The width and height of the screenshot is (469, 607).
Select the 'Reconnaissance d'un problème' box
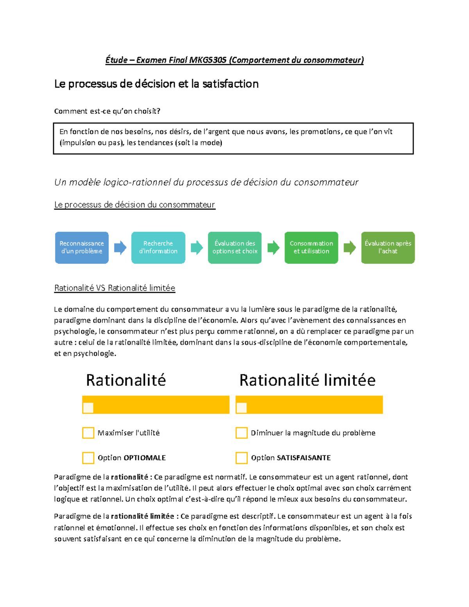82,247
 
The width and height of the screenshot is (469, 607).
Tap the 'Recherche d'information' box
158,247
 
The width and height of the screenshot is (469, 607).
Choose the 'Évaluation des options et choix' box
235,247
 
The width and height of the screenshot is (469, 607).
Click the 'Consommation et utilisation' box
311,247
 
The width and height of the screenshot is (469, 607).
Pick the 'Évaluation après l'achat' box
388,247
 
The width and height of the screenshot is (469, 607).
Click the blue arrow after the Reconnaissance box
120,247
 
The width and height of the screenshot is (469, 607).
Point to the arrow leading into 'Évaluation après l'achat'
350,247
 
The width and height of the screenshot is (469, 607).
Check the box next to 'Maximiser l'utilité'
88,433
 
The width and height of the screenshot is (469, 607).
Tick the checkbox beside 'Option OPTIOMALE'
88,458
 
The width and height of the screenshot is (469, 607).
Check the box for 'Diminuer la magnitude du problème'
242,433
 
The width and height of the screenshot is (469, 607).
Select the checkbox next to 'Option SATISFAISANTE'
242,458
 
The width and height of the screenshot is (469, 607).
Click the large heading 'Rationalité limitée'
307,380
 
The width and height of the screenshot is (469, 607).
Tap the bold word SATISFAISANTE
304,458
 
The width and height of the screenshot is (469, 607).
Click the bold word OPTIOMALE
145,458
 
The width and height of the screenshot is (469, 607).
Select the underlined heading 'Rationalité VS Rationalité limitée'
115,288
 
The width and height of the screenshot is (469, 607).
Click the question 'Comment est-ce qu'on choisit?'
107,111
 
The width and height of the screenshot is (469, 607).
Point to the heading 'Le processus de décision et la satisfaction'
156,84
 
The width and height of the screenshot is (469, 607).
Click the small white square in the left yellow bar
88,408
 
